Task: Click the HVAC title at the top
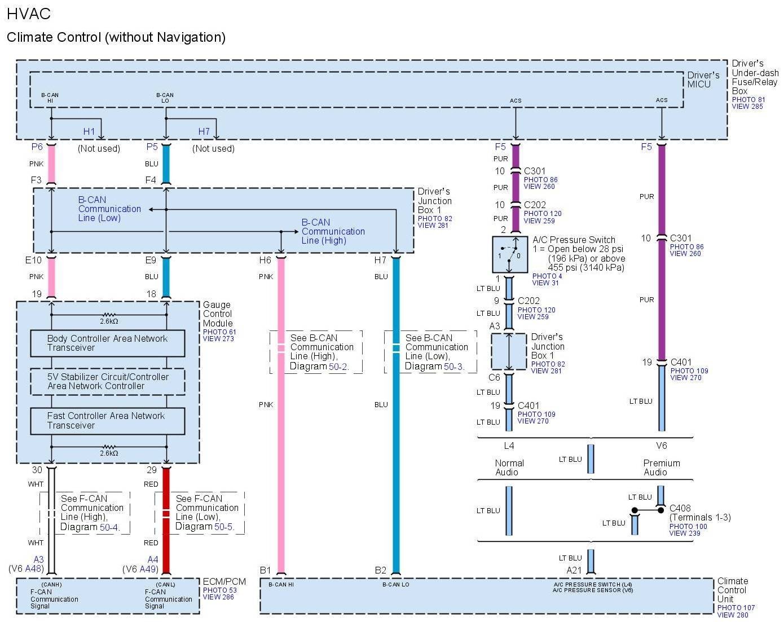point(29,14)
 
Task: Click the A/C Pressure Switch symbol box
point(509,255)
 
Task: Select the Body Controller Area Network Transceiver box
point(107,343)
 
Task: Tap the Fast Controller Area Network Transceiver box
point(107,421)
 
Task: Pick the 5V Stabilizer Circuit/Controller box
point(107,381)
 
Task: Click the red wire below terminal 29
point(166,519)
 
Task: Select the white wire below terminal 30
point(51,519)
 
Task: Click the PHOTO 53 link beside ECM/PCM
point(219,590)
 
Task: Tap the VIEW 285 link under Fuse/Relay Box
point(747,106)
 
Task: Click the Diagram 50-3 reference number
point(454,367)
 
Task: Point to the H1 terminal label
point(89,131)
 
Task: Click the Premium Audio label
point(661,467)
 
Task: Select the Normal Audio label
point(509,467)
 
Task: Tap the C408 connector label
point(680,508)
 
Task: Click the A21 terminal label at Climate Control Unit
point(574,570)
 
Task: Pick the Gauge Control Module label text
point(218,314)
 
